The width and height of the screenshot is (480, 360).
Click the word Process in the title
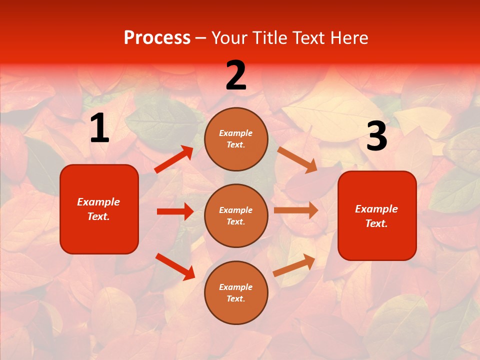click(157, 37)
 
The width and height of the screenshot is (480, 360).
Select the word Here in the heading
click(348, 37)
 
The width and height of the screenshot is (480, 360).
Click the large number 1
click(99, 128)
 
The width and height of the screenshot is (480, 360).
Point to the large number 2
click(236, 75)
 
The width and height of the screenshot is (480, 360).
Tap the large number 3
click(376, 136)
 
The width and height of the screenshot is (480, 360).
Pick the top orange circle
click(236, 138)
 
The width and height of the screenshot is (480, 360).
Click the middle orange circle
click(236, 215)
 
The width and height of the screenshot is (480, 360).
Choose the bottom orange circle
click(236, 292)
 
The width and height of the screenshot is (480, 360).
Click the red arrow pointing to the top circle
click(174, 159)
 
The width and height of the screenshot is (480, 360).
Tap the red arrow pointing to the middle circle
click(175, 211)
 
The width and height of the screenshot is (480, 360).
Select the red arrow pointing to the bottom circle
click(175, 266)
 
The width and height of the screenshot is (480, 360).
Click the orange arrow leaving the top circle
click(297, 160)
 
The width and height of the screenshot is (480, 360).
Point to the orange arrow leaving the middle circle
click(296, 210)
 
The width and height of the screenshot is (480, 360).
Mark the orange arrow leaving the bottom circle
click(294, 265)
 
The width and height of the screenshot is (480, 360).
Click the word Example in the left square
click(98, 202)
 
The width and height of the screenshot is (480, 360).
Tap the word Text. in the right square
click(376, 223)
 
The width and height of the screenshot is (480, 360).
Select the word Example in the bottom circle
click(236, 287)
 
